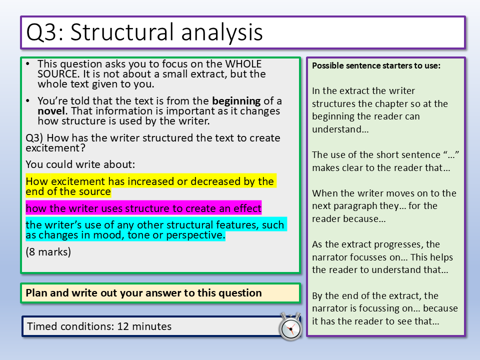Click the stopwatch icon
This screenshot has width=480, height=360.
coord(290,326)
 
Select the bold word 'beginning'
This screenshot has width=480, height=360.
coord(236,100)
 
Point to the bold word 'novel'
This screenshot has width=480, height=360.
coord(51,111)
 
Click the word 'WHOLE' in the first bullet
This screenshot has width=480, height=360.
coord(243,64)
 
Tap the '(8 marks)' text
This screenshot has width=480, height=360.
coord(48,251)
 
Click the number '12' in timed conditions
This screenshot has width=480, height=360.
coord(123,326)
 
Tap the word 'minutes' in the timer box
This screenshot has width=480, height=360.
coord(151,326)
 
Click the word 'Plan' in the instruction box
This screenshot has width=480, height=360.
coord(36,292)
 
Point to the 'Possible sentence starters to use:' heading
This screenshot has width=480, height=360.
coord(376,65)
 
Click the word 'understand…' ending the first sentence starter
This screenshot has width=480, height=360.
coord(340,129)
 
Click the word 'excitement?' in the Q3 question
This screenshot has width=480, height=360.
coord(55,148)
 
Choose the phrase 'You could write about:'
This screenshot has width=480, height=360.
coord(80,164)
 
